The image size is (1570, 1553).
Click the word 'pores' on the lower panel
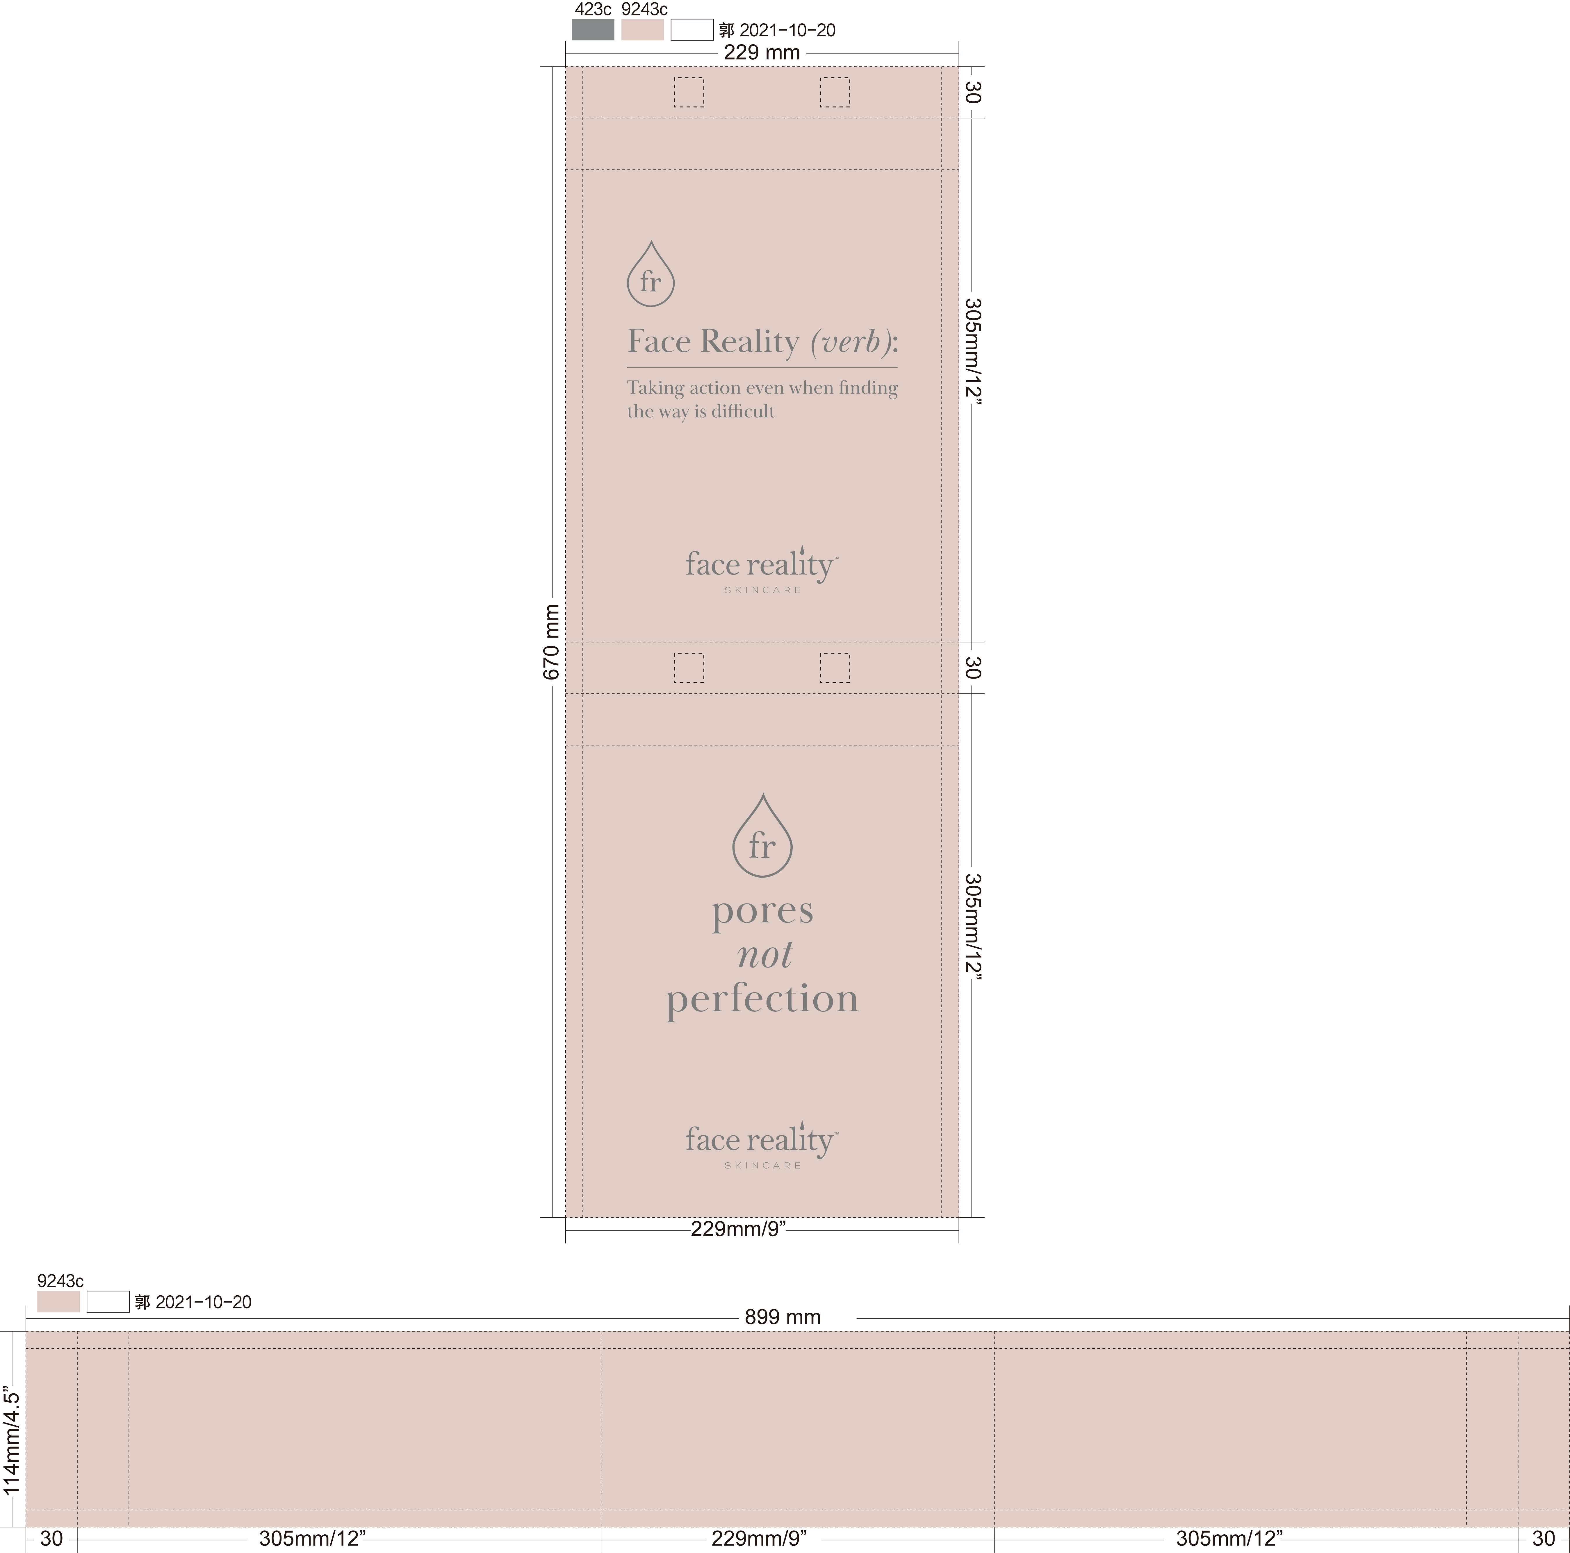(x=762, y=912)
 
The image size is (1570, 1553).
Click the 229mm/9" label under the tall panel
(x=738, y=1229)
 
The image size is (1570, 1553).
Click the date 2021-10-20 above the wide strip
(x=203, y=1302)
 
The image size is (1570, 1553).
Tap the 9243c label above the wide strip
(x=60, y=1281)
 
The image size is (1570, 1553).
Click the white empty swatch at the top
(x=692, y=30)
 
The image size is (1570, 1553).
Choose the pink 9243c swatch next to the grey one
(x=642, y=30)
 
